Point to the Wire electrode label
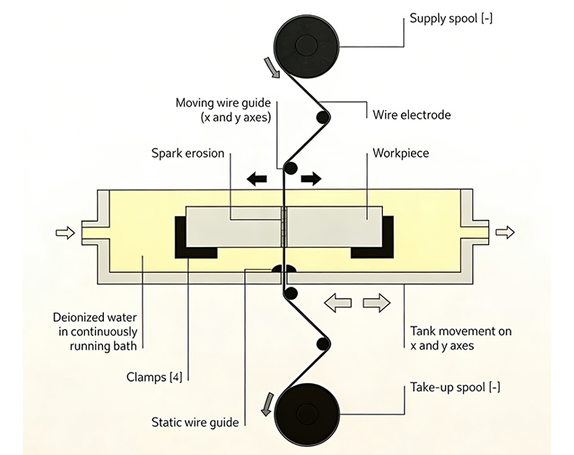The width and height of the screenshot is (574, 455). tap(412, 115)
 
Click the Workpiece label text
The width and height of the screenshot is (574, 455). tap(400, 153)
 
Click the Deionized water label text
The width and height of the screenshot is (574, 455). tap(96, 331)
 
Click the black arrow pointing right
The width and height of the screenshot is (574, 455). tap(311, 179)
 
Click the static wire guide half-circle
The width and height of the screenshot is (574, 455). tap(284, 268)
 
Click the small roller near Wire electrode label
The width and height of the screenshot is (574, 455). tap(323, 118)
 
